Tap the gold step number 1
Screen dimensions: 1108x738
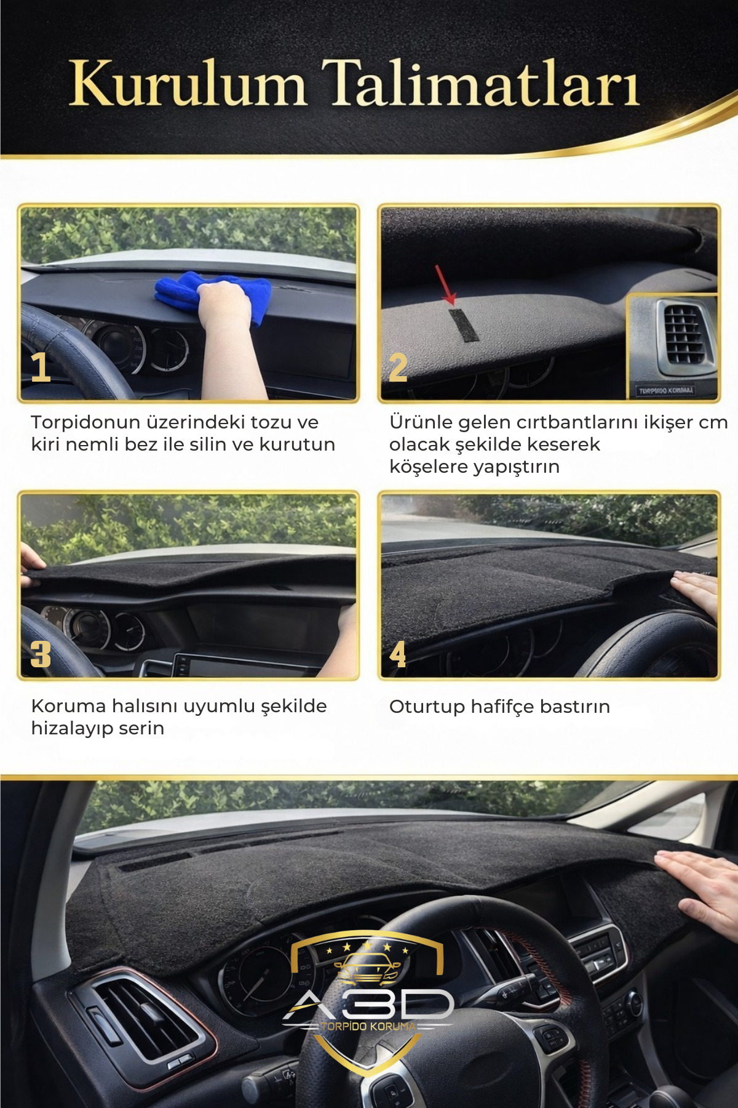click(x=41, y=367)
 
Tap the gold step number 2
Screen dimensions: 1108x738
click(x=398, y=368)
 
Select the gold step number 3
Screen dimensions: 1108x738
click(x=41, y=654)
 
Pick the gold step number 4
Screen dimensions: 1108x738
click(x=398, y=654)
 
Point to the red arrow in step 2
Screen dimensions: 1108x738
click(x=445, y=284)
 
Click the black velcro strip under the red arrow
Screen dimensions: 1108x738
click(x=463, y=324)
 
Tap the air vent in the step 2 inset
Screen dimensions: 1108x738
click(x=683, y=333)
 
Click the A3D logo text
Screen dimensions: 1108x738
click(x=369, y=1005)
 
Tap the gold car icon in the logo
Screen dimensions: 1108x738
click(x=368, y=968)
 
